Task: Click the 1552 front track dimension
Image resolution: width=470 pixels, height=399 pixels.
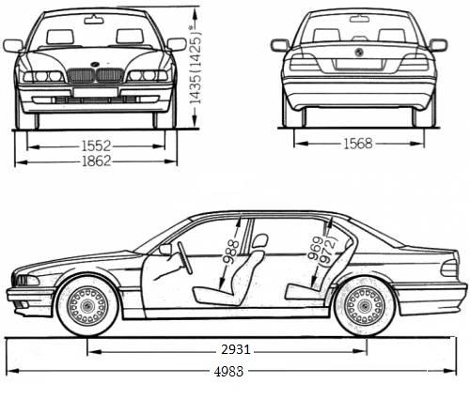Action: click(x=97, y=146)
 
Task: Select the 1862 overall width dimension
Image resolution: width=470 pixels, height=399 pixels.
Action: click(x=97, y=161)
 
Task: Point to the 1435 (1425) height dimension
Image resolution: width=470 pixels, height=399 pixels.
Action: click(x=196, y=61)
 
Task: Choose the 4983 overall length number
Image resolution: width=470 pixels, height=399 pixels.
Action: click(x=227, y=371)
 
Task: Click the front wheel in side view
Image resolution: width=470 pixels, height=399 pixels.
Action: click(x=87, y=304)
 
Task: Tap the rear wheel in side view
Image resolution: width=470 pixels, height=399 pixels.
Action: click(x=365, y=304)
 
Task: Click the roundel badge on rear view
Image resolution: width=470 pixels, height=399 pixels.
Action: click(x=358, y=52)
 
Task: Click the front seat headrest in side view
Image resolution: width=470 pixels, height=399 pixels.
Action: click(x=259, y=242)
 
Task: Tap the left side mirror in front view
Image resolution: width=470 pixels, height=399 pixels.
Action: click(x=13, y=45)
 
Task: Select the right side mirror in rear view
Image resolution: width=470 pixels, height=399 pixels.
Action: click(x=437, y=45)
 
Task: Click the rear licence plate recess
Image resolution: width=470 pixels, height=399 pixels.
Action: click(x=358, y=66)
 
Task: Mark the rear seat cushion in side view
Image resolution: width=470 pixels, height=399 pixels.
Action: click(x=301, y=290)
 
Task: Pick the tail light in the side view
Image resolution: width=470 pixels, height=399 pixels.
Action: click(x=449, y=269)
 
